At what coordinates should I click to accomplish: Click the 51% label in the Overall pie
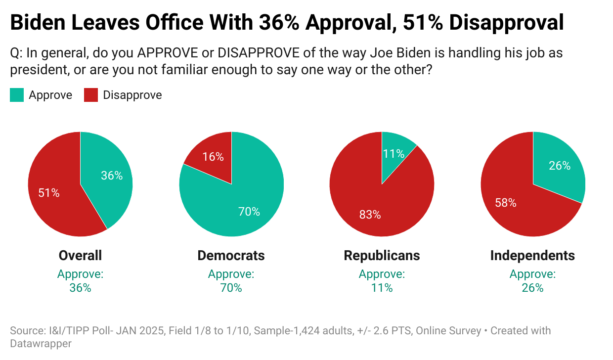pos(49,193)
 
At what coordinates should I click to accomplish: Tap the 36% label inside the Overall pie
pos(112,176)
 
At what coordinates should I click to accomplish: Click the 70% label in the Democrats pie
pos(249,212)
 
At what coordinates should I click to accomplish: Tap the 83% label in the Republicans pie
pos(370,215)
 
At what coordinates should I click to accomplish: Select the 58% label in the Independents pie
pos(505,203)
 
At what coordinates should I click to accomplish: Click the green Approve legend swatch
pos(17,95)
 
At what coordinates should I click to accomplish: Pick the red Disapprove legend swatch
pos(91,95)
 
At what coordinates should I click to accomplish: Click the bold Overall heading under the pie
pos(80,255)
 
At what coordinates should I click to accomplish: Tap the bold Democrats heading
pos(231,255)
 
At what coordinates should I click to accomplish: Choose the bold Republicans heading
pos(382,255)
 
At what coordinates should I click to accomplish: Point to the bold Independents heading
pos(532,255)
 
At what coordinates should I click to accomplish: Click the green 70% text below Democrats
pos(231,288)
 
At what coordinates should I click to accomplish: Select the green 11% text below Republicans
pos(382,288)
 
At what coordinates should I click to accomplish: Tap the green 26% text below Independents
pos(532,288)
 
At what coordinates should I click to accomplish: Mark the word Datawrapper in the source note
pos(41,343)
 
